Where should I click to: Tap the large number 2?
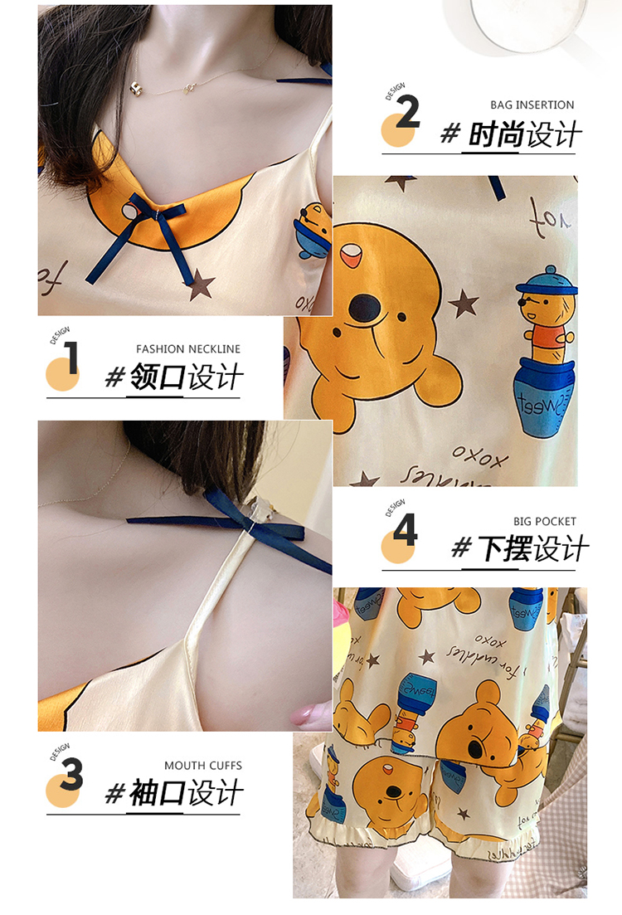407,113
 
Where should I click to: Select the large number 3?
71,774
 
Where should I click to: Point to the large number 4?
405,530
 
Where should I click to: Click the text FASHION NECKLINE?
188,349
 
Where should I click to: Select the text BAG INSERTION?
532,105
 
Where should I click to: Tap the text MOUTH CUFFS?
203,766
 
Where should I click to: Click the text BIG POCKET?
544,522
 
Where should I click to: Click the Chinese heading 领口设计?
186,378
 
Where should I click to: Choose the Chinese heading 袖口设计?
186,794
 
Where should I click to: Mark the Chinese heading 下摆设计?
532,549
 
